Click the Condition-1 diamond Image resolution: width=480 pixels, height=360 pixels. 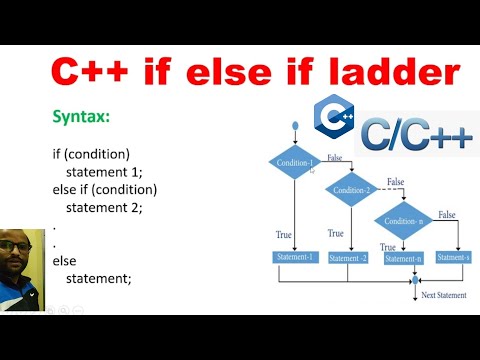(294, 163)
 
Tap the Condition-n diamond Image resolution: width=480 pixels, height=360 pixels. (406, 221)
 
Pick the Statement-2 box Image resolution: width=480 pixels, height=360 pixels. (349, 258)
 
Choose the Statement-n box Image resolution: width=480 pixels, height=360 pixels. (404, 258)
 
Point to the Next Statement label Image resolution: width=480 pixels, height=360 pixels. (443, 295)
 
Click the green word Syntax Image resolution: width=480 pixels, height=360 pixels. (81, 118)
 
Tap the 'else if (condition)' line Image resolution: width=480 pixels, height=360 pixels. (105, 190)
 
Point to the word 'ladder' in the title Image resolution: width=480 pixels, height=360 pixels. (397, 72)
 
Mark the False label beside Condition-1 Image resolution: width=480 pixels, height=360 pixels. (335, 158)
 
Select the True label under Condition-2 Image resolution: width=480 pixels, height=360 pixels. (336, 233)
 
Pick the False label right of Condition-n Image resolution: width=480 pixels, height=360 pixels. (446, 215)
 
